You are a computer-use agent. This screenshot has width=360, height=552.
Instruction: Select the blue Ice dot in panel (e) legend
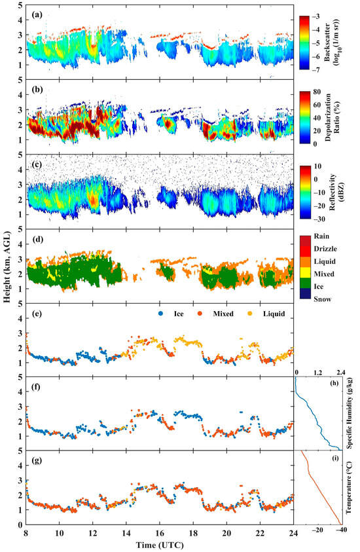(161, 314)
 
